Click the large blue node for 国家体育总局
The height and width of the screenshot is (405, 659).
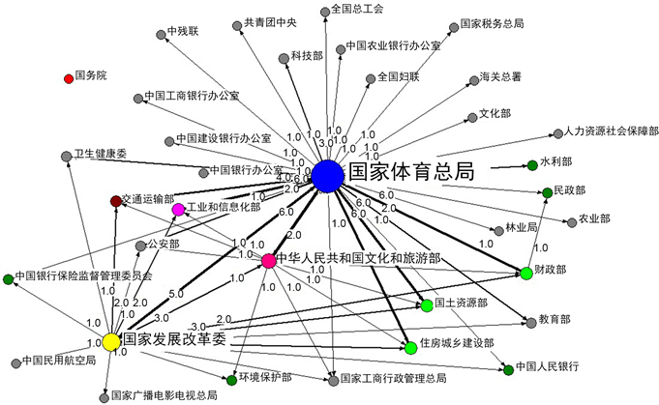327,176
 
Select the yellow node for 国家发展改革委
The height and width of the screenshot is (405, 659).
111,342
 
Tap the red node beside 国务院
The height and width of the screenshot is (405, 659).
68,75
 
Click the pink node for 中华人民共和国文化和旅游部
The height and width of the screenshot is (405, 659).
268,261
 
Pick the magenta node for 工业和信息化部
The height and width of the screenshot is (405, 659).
178,209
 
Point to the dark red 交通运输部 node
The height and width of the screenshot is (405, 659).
116,200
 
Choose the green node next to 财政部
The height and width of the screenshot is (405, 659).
526,274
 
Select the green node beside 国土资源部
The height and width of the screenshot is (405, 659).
426,305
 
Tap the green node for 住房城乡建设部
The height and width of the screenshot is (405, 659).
410,346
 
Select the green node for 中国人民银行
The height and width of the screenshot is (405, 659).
507,369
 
